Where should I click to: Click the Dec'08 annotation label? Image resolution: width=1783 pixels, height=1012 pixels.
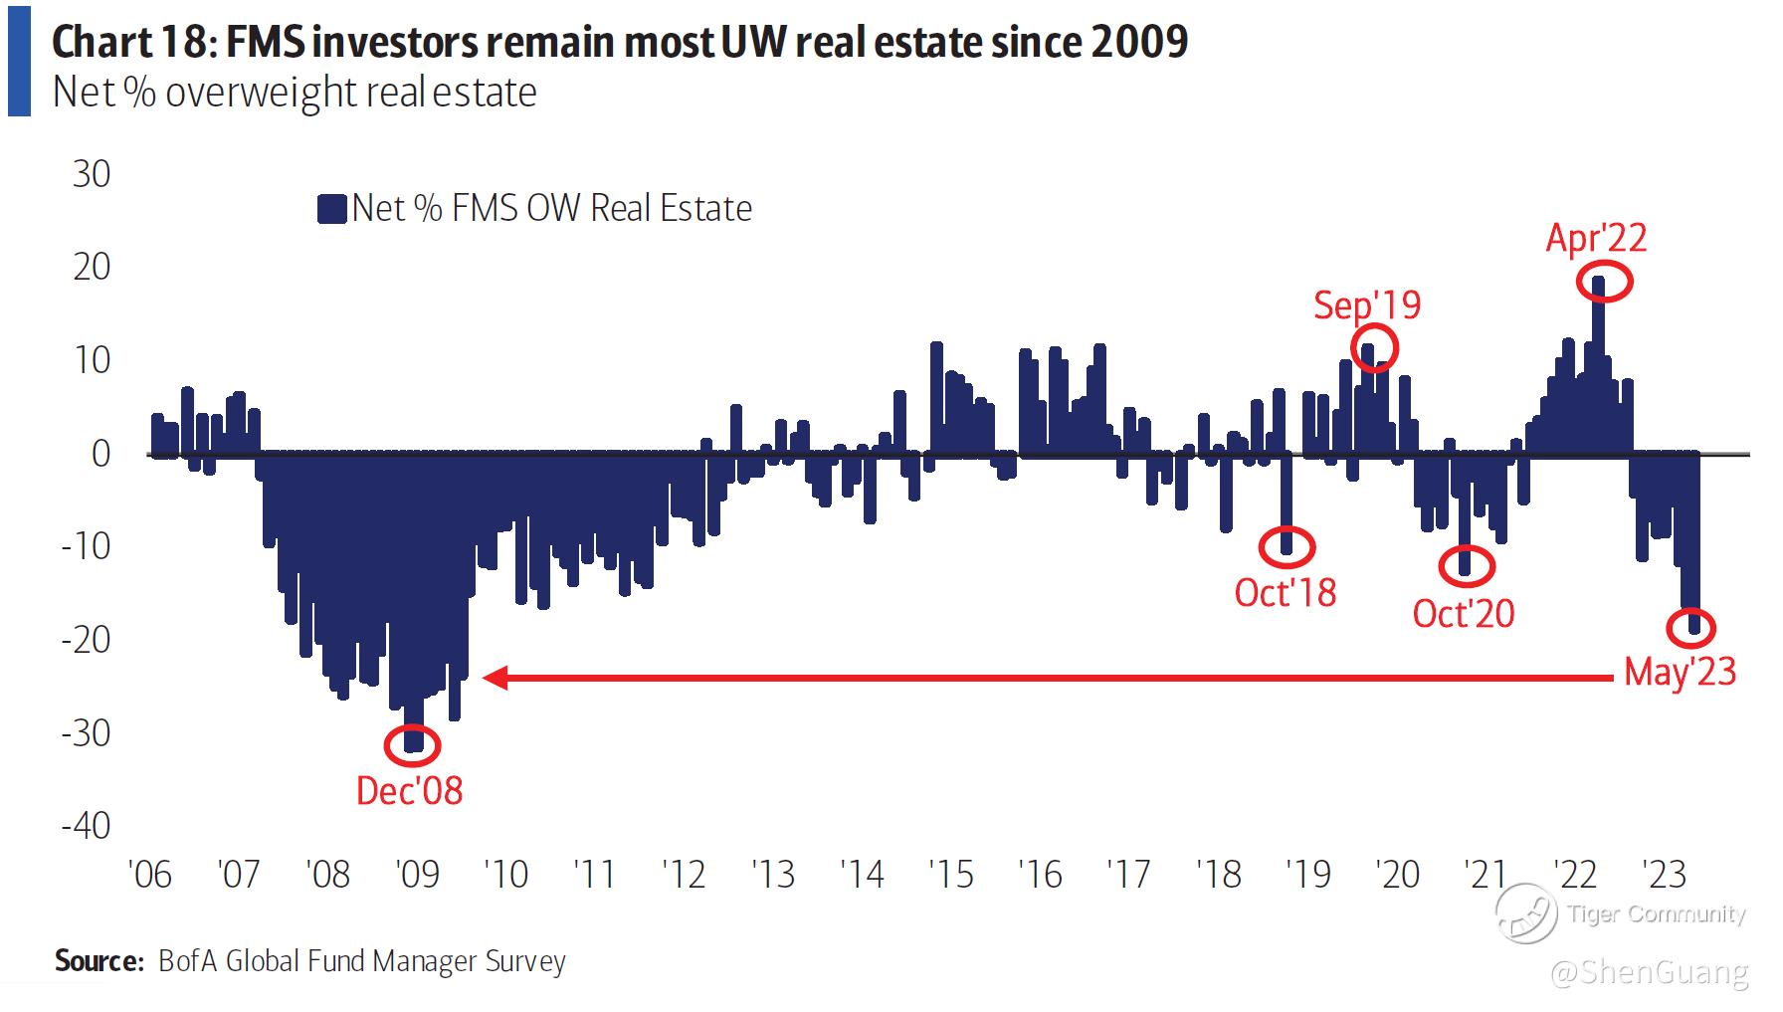pos(409,791)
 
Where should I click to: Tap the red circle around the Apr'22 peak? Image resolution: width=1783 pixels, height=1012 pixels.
pos(1605,283)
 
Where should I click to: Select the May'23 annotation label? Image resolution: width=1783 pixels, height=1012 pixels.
pos(1680,673)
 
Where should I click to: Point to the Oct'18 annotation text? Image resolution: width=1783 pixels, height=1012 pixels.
pos(1285,593)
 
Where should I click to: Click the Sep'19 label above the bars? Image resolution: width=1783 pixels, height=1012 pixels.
pos(1367,305)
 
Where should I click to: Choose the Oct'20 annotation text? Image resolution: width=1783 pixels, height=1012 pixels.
pos(1463,613)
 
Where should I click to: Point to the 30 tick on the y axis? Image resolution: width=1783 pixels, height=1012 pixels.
pos(92,175)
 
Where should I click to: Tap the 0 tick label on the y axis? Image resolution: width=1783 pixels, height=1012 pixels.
pos(100,454)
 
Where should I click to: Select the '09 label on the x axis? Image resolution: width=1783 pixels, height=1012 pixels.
pos(417,875)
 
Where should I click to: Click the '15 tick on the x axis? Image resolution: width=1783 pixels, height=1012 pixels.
pos(950,875)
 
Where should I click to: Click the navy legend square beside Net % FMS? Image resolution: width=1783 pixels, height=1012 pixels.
pos(331,209)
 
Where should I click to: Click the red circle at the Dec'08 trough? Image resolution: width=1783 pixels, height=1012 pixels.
pos(411,745)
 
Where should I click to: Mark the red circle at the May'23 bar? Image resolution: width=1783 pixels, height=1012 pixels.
pos(1691,628)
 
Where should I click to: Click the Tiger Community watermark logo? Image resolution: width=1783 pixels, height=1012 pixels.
pos(1525,912)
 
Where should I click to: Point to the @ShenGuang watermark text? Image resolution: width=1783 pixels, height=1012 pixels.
pos(1650,972)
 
